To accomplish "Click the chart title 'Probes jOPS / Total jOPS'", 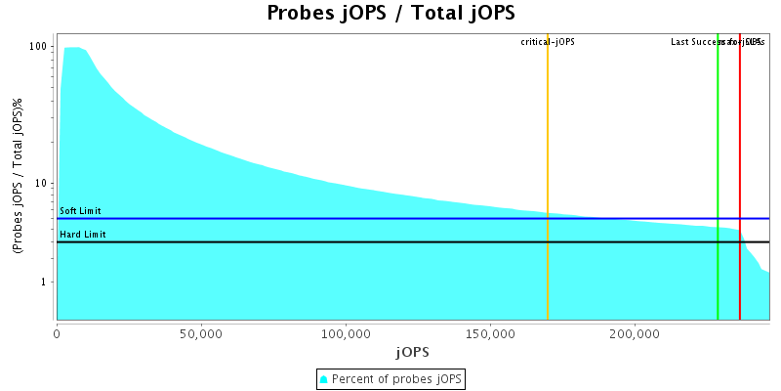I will point(390,13).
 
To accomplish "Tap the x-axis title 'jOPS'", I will point(412,351).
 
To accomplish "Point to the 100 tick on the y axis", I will point(40,47).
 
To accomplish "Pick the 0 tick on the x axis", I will point(57,332).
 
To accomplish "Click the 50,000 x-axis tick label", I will point(201,332).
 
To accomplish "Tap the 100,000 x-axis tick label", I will point(346,332).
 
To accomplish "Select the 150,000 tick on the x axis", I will point(490,332).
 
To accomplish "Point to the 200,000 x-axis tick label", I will point(635,332).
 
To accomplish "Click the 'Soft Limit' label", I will point(80,211).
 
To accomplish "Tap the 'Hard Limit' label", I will point(82,235).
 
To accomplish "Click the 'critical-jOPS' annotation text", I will point(548,42).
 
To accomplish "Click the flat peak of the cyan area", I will point(72,48).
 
